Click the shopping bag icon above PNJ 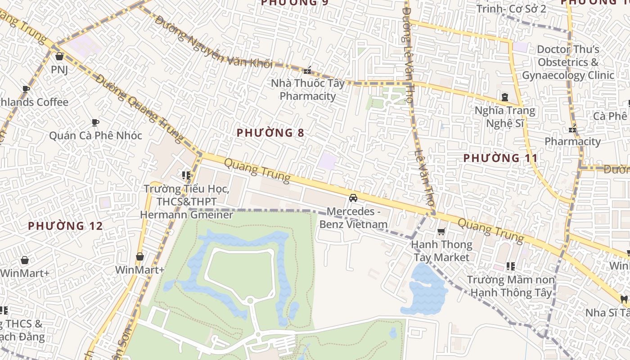(59, 56)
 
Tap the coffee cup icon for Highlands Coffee (26, 89)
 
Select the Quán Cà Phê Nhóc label (95, 135)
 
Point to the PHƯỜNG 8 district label (270, 133)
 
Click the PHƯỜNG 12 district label (66, 226)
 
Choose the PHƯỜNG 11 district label (500, 158)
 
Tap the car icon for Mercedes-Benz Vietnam (353, 198)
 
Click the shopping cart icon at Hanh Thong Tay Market (441, 232)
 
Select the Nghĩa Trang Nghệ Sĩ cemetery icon (505, 97)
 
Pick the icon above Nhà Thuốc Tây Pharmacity (308, 71)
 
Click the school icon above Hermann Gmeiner (186, 175)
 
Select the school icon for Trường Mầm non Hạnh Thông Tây (510, 266)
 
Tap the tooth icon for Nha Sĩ (624, 299)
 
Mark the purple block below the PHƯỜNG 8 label (327, 161)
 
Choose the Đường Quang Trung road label (139, 108)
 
